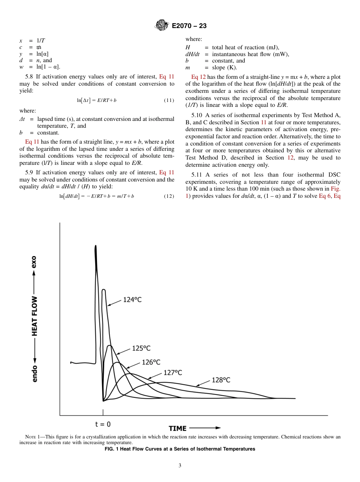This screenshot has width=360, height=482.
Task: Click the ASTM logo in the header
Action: pyautogui.click(x=162, y=26)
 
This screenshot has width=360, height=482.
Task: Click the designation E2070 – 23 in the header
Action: pyautogui.click(x=189, y=26)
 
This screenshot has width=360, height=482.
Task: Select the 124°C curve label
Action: pyautogui.click(x=132, y=300)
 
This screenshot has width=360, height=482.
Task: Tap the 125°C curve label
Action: pyautogui.click(x=141, y=348)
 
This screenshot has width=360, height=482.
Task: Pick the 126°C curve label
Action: pyautogui.click(x=151, y=362)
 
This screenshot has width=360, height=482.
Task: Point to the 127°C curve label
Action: pyautogui.click(x=173, y=373)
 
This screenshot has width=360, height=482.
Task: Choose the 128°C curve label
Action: pyautogui.click(x=221, y=380)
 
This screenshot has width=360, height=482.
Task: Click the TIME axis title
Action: pyautogui.click(x=178, y=428)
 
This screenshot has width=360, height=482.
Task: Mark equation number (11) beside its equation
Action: pyautogui.click(x=169, y=100)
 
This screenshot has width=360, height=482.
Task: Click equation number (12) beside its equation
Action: pyautogui.click(x=169, y=196)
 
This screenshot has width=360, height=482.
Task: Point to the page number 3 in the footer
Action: pyautogui.click(x=180, y=466)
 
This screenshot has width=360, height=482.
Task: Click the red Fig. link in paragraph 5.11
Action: pyautogui.click(x=335, y=189)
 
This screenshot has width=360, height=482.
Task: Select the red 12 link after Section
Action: pyautogui.click(x=291, y=158)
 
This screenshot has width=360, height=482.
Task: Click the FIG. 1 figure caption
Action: pyautogui.click(x=180, y=449)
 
